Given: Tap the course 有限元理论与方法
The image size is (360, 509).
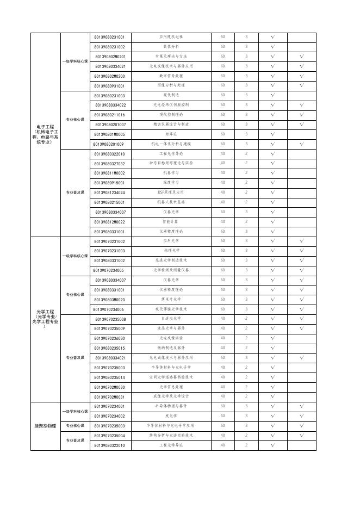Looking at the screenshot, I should click(x=171, y=57).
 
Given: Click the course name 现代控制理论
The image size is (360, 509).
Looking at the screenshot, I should click(x=171, y=115).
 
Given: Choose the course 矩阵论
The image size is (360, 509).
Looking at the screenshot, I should click(x=171, y=134).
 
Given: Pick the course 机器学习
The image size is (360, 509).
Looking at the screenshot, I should click(x=171, y=173).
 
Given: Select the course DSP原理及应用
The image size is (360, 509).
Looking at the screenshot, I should click(x=171, y=193).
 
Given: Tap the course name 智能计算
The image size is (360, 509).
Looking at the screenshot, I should click(x=171, y=222).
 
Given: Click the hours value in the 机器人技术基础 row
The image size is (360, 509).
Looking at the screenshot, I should click(x=222, y=202).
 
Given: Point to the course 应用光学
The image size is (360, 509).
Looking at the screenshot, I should click(x=171, y=241).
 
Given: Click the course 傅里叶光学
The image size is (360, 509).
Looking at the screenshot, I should click(x=171, y=300).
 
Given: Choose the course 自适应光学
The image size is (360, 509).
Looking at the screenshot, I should click(x=171, y=319).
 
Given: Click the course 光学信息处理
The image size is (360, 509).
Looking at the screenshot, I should click(x=171, y=387).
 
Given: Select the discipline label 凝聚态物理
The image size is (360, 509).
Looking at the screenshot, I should click(x=45, y=426).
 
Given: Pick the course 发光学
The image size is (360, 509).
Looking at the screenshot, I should click(x=171, y=416).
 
